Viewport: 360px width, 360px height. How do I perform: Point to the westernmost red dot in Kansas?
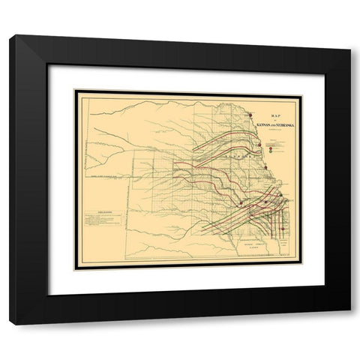(x=240, y=203)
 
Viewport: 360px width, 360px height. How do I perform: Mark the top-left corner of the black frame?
(x=10, y=35)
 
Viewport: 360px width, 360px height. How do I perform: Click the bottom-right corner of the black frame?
(x=349, y=322)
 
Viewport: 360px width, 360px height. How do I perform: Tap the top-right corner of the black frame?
(x=349, y=35)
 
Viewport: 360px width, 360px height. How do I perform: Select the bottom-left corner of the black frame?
(x=10, y=322)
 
